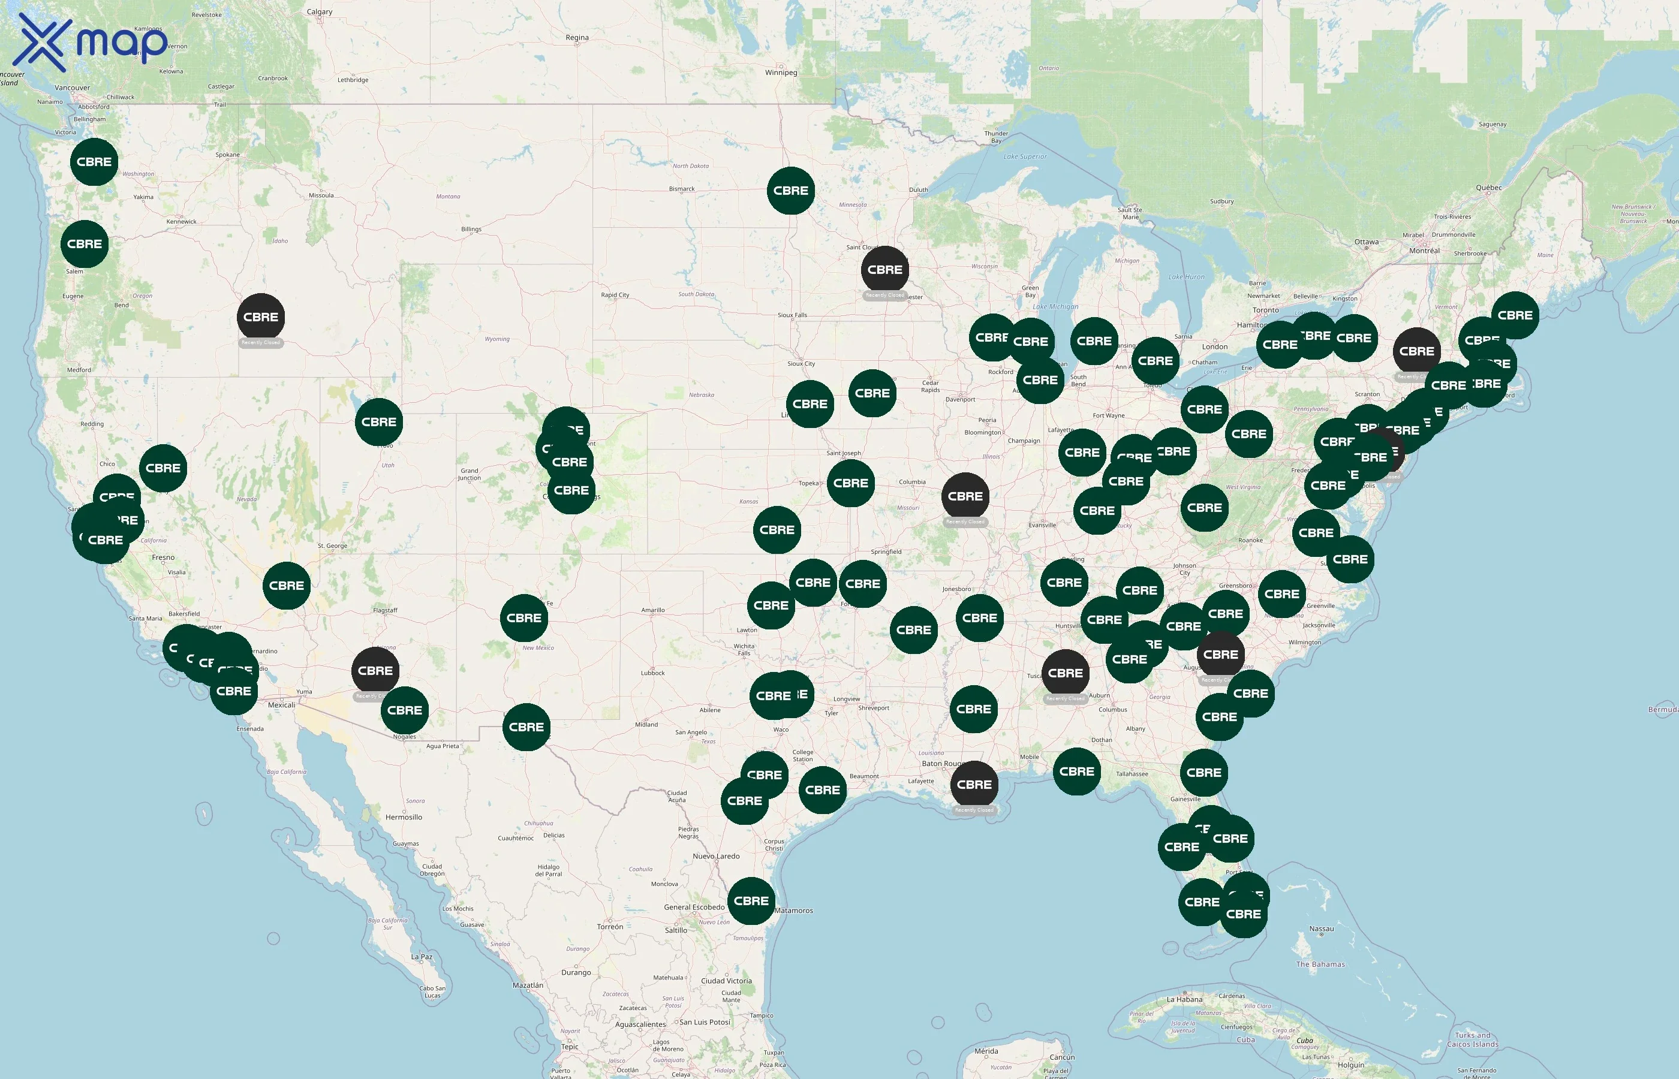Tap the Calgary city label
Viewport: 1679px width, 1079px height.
pos(320,12)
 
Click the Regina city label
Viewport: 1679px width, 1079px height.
pos(577,38)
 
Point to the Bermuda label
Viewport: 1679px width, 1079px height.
pos(1662,710)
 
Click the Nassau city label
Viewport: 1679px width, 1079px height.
pos(1321,929)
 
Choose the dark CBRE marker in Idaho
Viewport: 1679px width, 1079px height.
pos(261,317)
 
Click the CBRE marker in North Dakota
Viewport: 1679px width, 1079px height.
pos(790,191)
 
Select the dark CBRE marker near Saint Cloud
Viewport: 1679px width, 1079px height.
pos(884,270)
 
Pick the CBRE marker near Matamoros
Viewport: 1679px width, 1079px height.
pos(751,901)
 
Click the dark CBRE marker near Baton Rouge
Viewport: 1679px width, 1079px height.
pos(974,785)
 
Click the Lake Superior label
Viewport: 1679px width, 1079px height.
pos(1025,157)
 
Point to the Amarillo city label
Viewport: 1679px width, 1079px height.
pos(652,610)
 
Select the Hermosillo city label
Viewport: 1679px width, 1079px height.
pos(404,818)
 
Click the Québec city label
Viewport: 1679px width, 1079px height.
pos(1488,188)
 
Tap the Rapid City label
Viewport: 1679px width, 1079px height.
pos(615,295)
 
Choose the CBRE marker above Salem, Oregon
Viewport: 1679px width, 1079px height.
pos(85,244)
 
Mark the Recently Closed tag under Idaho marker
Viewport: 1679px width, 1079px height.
pos(261,343)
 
